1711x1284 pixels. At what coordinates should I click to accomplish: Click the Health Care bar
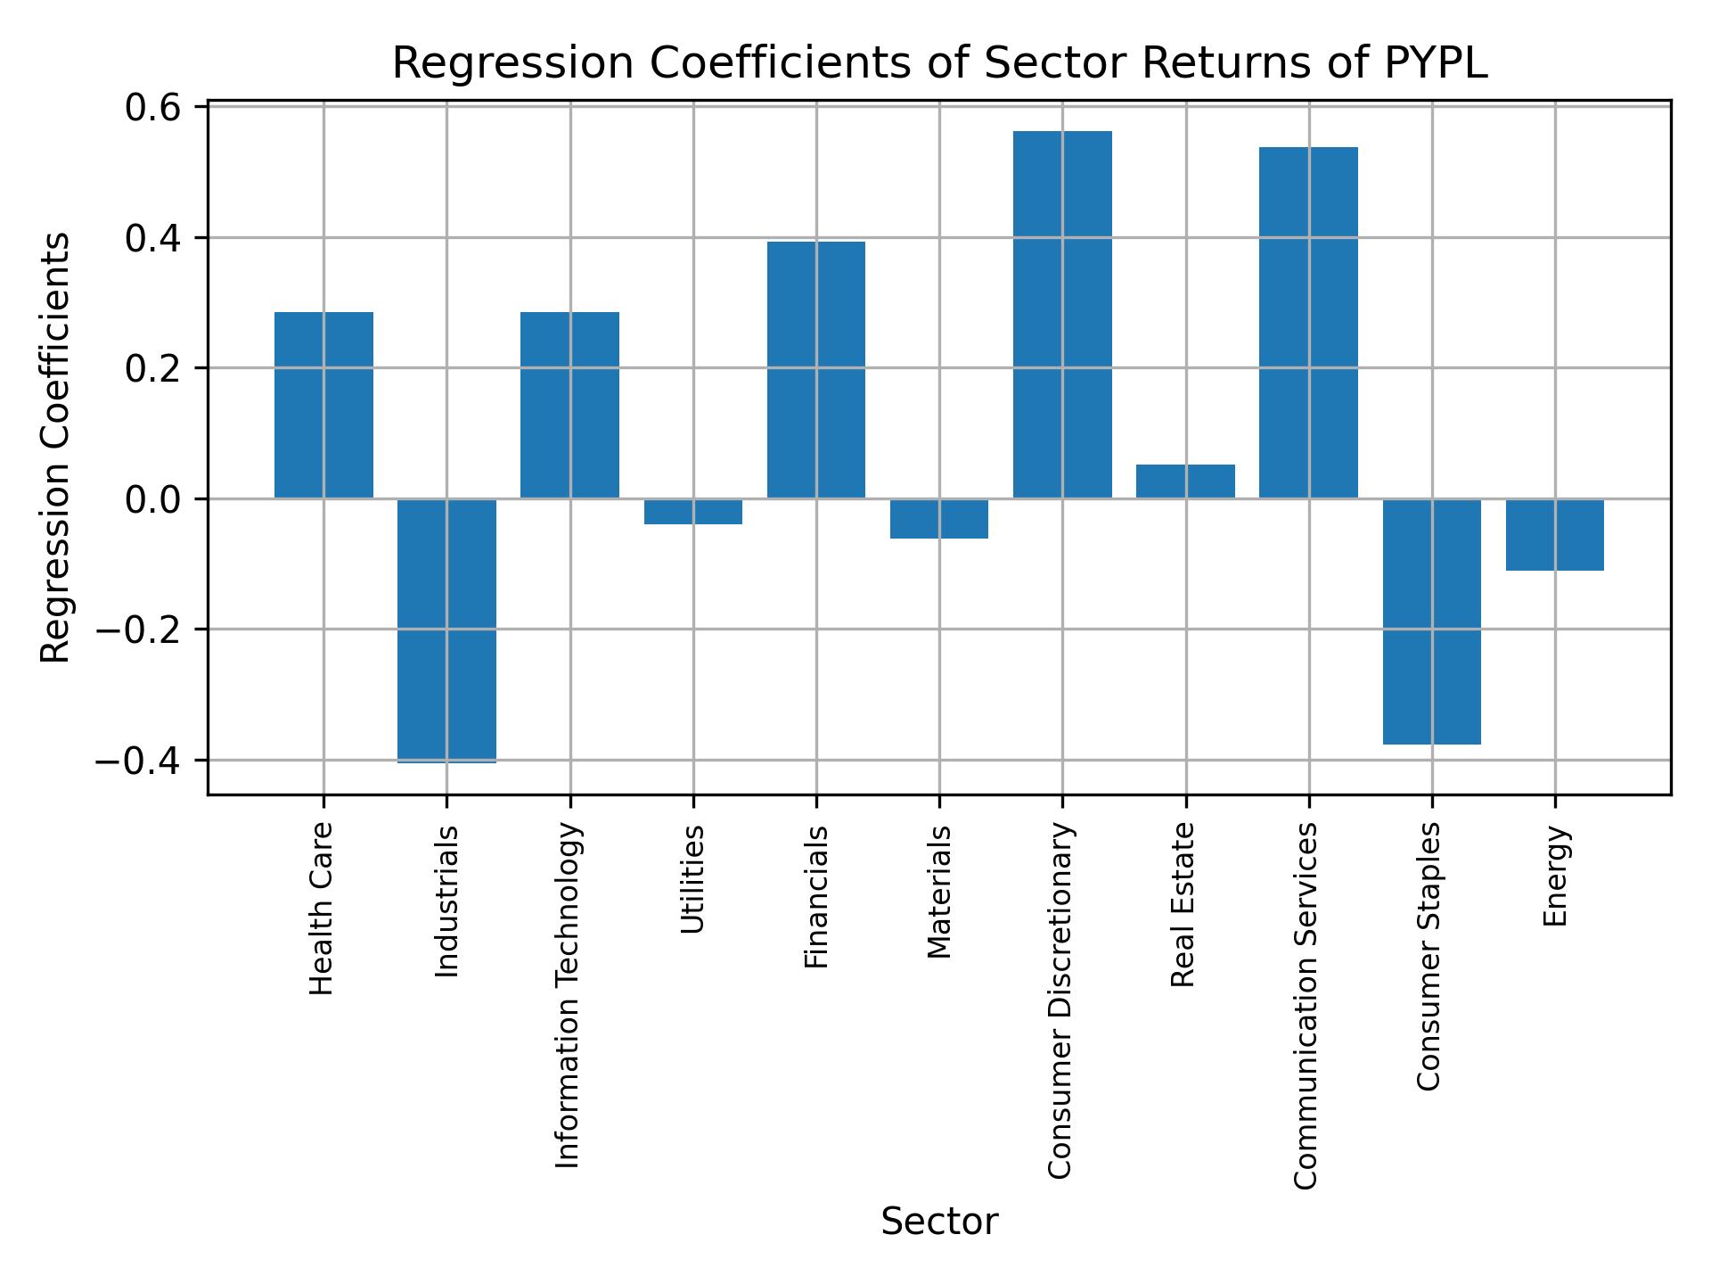point(323,405)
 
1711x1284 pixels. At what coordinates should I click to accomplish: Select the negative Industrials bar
point(446,630)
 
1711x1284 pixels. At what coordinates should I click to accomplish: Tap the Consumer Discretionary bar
point(1062,314)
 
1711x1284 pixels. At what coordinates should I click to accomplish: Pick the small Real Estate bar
point(1185,481)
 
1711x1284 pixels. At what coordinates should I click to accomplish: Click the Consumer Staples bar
point(1431,621)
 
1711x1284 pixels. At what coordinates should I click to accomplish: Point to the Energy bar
point(1554,535)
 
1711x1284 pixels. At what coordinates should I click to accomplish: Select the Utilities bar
point(692,512)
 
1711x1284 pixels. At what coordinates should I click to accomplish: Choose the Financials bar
point(815,370)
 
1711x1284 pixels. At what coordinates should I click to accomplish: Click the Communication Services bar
point(1308,322)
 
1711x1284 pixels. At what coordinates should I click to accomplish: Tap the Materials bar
point(938,519)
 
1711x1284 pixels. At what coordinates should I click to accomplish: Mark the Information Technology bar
point(569,405)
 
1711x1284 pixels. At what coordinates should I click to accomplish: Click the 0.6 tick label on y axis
point(153,108)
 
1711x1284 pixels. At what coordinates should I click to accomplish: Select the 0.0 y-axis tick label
point(153,499)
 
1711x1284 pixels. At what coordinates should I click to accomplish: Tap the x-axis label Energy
point(1555,877)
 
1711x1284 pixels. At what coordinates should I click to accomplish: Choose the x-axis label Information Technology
point(568,995)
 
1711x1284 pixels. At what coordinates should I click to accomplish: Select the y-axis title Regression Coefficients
point(56,448)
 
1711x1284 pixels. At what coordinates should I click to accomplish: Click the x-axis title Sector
point(939,1222)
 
